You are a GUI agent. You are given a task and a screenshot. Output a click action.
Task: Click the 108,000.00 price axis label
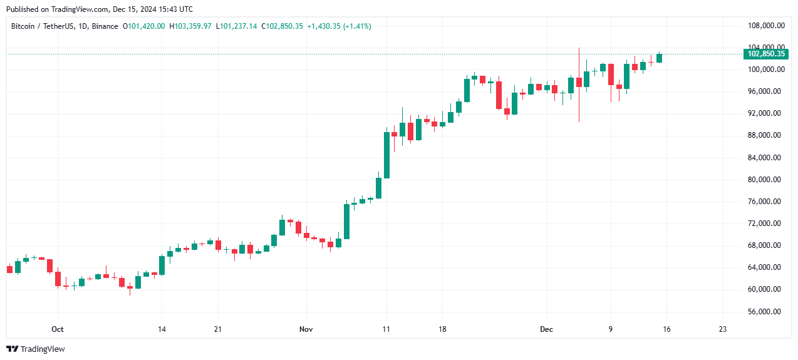click(767, 26)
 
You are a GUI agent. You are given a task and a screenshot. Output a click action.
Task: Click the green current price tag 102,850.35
click(766, 54)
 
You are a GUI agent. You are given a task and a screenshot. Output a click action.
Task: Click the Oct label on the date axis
click(58, 329)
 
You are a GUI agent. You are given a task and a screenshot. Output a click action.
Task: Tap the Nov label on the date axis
click(306, 329)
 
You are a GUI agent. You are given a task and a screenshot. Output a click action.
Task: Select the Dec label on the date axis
click(546, 329)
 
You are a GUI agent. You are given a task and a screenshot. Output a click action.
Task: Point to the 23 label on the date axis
click(723, 329)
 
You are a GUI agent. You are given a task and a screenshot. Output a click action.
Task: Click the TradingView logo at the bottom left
click(36, 349)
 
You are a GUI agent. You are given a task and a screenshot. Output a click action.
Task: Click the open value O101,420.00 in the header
click(144, 26)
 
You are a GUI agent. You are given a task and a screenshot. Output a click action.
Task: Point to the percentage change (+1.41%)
click(354, 26)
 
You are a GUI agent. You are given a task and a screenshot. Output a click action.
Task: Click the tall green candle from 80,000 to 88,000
click(386, 155)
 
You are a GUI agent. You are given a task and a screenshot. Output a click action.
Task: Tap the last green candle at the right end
click(659, 58)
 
